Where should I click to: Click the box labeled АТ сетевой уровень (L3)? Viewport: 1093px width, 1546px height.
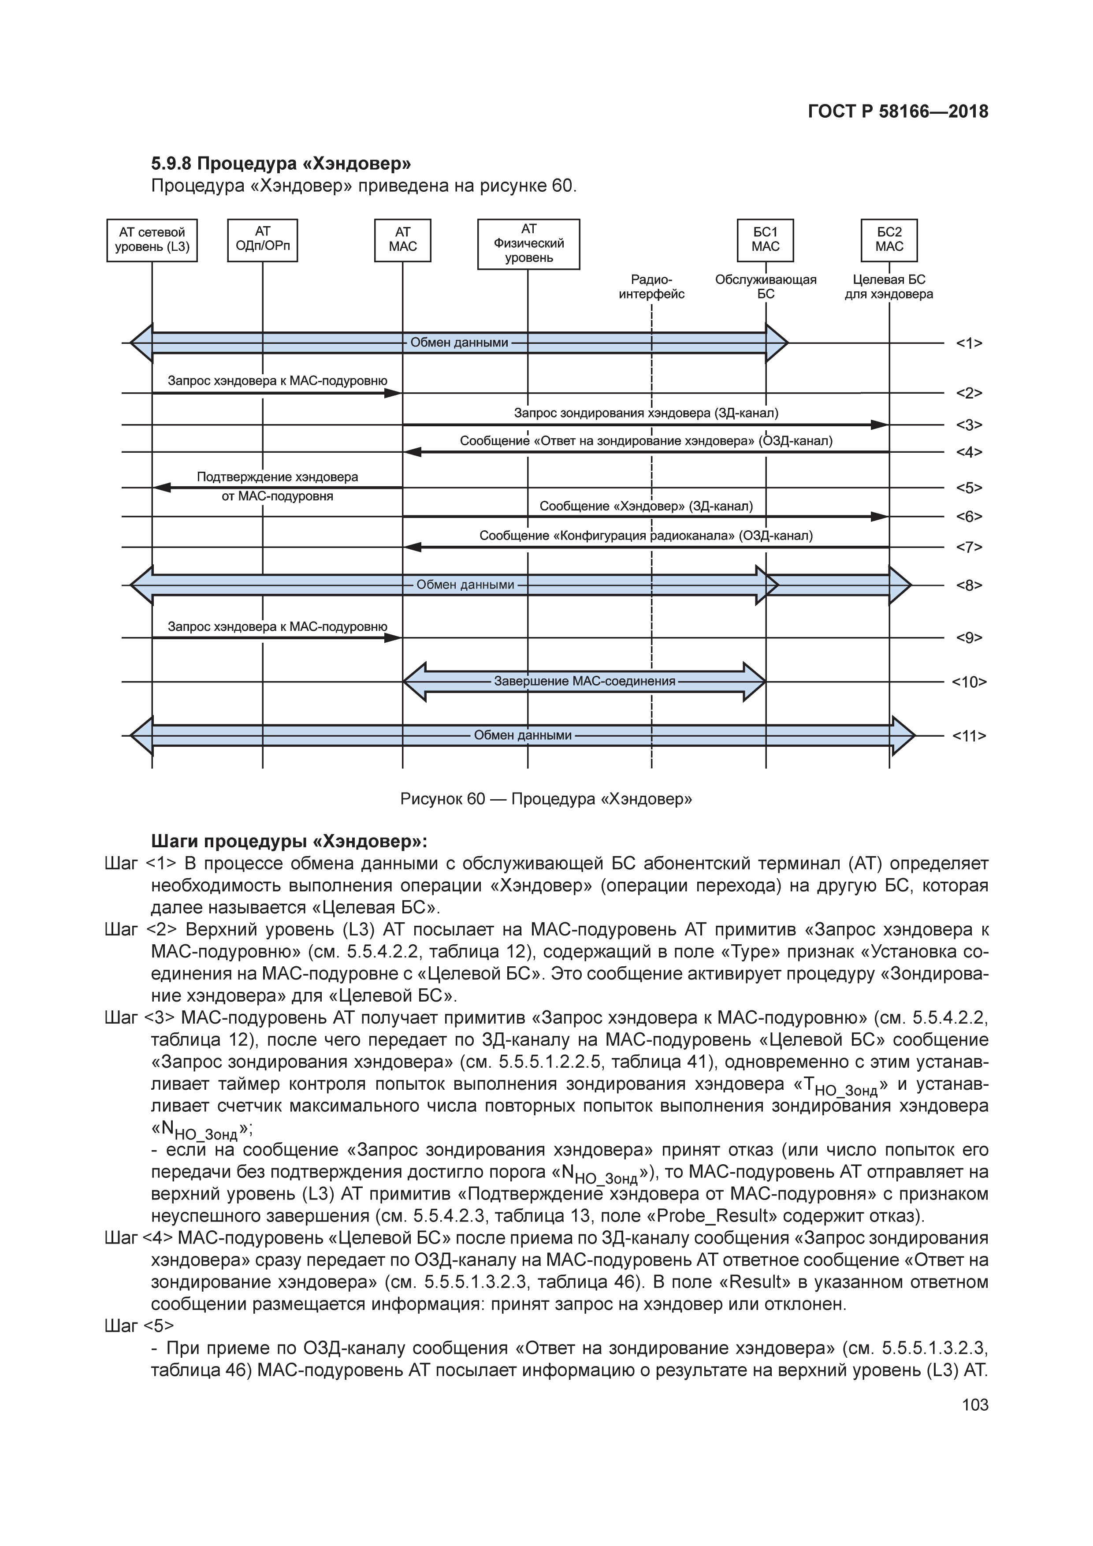pyautogui.click(x=152, y=240)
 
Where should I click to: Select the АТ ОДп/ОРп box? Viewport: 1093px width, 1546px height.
pyautogui.click(x=263, y=240)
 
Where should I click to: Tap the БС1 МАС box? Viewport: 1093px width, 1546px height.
pyautogui.click(x=765, y=240)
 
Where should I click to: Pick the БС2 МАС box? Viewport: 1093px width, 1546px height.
pyautogui.click(x=889, y=240)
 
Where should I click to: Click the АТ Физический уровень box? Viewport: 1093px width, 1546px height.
pyautogui.click(x=528, y=244)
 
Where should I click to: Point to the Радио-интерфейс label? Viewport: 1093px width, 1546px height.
pyautogui.click(x=651, y=287)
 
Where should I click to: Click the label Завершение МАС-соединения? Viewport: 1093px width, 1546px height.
pyautogui.click(x=584, y=682)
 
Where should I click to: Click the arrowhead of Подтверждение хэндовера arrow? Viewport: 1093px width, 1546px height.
pyautogui.click(x=162, y=488)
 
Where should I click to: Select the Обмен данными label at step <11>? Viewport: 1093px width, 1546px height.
pyautogui.click(x=522, y=735)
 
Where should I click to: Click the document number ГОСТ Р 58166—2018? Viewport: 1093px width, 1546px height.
pyautogui.click(x=898, y=112)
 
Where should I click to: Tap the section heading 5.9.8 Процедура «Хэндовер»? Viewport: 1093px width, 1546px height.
pyautogui.click(x=281, y=164)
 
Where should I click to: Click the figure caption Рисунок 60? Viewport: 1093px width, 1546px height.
pyautogui.click(x=546, y=799)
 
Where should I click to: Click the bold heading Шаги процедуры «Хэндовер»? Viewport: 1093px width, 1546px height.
pyautogui.click(x=290, y=842)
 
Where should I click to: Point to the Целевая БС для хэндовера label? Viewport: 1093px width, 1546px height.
pyautogui.click(x=889, y=287)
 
